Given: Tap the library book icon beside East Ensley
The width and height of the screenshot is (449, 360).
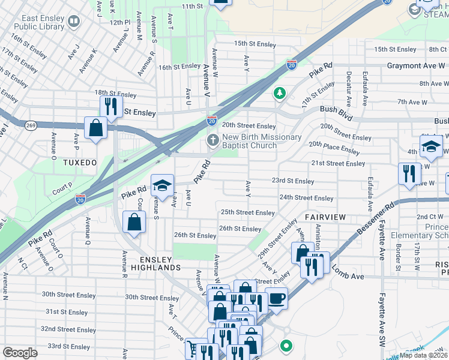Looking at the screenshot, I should tap(73, 23).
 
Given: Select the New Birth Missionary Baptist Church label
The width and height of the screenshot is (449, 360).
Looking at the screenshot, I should tap(262, 141).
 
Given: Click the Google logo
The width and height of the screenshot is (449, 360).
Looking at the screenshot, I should tap(20, 353).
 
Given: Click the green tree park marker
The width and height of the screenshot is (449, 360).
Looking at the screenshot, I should tap(279, 93).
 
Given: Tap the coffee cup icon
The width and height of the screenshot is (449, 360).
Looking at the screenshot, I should tap(276, 298).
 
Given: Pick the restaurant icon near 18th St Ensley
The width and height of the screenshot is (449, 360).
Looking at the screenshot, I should tap(110, 106).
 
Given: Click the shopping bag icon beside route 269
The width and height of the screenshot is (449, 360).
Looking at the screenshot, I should tap(95, 128).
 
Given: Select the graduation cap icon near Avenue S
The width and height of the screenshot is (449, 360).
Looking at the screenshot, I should tap(161, 185).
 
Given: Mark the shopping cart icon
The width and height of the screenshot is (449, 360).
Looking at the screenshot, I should tap(192, 349).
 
